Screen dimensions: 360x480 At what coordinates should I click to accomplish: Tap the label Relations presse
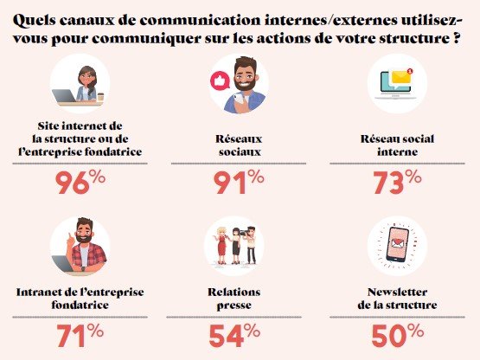(x=237, y=299)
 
